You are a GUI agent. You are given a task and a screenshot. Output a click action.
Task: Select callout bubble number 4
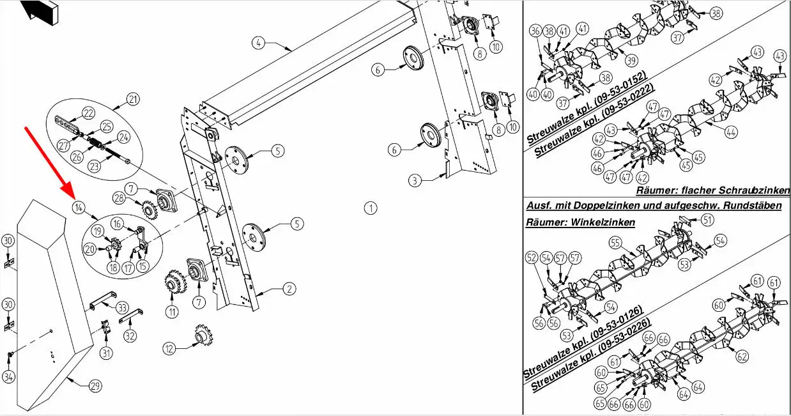[257, 43]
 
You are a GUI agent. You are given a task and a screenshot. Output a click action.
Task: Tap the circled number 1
[370, 208]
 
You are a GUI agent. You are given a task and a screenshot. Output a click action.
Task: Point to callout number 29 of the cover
[95, 386]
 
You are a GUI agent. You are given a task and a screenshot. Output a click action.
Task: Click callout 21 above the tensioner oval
[132, 99]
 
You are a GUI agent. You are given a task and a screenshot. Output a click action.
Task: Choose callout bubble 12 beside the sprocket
[169, 349]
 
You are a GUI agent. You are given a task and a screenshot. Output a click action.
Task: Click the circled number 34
[8, 377]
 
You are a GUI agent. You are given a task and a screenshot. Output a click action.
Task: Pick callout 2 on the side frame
[289, 289]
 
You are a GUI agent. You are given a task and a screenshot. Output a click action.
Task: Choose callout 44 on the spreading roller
[731, 132]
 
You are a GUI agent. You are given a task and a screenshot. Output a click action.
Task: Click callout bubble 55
[615, 243]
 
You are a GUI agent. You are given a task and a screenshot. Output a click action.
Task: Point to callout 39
[631, 60]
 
